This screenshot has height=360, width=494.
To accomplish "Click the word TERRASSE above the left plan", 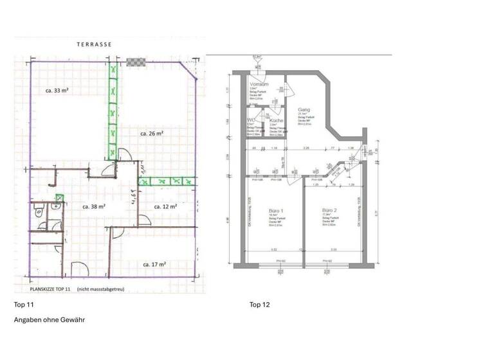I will pyautogui.click(x=95, y=44).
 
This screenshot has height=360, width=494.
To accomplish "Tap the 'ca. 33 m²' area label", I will pyautogui.click(x=57, y=91).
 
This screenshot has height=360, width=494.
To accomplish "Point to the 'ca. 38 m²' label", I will pyautogui.click(x=94, y=207).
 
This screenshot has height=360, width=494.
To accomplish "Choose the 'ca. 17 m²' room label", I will pyautogui.click(x=155, y=264).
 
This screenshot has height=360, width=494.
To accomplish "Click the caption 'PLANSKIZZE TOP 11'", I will pyautogui.click(x=46, y=289).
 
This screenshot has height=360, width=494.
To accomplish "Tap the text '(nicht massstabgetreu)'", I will pyautogui.click(x=100, y=289).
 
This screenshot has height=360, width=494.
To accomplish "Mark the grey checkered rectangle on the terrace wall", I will pyautogui.click(x=135, y=62).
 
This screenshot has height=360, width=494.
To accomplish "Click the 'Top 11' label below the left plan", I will pyautogui.click(x=23, y=304).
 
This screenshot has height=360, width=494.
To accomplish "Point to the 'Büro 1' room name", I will pyautogui.click(x=275, y=211).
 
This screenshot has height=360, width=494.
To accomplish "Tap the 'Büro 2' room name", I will pyautogui.click(x=330, y=211).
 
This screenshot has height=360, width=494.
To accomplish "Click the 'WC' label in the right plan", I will pyautogui.click(x=252, y=120).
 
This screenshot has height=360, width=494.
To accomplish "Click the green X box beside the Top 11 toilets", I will pyautogui.click(x=60, y=197).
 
